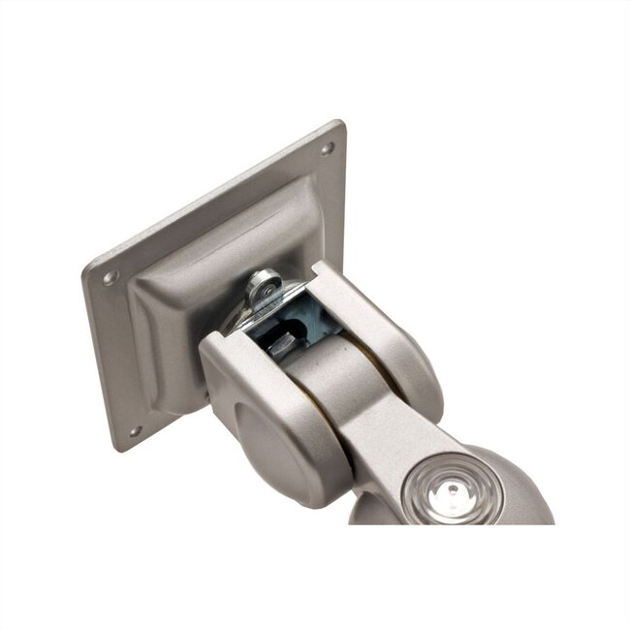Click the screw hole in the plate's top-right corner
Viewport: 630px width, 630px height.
pos(327,148)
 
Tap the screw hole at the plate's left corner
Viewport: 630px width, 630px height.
pos(110,277)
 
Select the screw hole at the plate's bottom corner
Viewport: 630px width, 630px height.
pos(135,431)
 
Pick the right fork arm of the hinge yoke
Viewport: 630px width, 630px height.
pos(383,330)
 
